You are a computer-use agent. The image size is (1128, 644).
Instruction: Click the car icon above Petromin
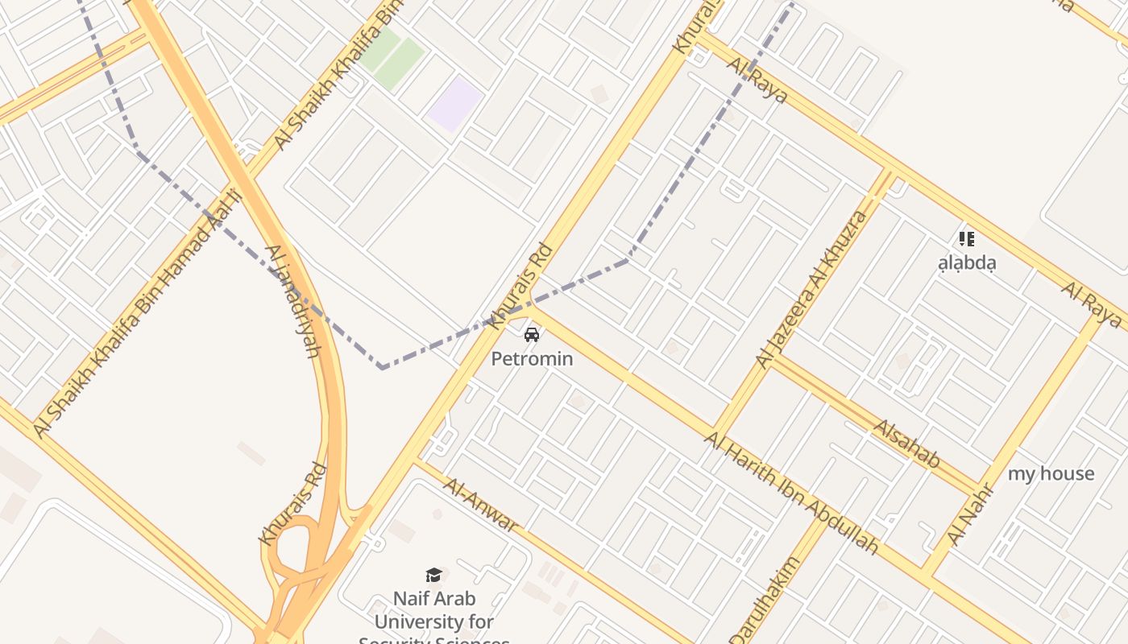coord(532,334)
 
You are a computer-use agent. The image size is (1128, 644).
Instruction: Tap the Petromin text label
coord(532,358)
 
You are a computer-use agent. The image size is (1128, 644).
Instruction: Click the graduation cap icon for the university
coord(434,575)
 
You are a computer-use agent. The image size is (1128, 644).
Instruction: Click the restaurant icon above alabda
coord(967,238)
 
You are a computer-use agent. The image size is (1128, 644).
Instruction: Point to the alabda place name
coord(967,262)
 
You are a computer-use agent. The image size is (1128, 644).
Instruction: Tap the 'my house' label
coord(1051,473)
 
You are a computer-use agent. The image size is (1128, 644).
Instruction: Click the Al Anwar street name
coord(481,505)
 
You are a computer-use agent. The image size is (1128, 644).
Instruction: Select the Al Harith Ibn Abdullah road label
coord(791,491)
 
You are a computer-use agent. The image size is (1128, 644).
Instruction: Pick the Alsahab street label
coord(907,444)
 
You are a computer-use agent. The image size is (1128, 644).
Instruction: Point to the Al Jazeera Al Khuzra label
coord(813,289)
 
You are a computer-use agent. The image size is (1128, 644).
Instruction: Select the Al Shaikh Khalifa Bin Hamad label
coord(137,314)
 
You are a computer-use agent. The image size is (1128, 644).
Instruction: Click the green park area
coord(392,56)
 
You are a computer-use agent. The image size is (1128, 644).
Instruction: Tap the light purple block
coord(455,104)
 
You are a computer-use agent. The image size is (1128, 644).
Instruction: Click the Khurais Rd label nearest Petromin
coord(520,287)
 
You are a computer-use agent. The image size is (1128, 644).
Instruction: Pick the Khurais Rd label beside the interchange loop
coord(292,503)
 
